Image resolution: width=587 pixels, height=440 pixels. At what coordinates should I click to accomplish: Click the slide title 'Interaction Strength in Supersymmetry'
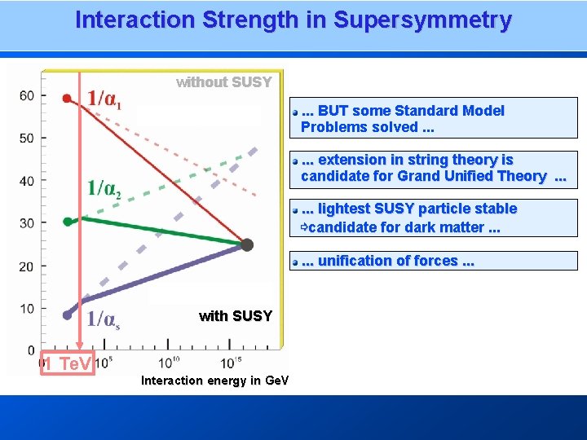(293, 20)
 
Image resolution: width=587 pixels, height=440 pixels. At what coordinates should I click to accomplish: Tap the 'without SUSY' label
(223, 82)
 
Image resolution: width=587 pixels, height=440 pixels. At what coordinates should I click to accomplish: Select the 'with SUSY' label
(235, 316)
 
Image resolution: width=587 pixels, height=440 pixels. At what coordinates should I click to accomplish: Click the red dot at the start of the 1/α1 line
(67, 99)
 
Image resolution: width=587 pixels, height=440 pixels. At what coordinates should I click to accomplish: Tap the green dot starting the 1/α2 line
(67, 221)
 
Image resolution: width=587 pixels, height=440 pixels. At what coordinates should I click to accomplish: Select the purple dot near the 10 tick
(67, 315)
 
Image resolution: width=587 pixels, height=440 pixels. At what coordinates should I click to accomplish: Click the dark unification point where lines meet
(247, 244)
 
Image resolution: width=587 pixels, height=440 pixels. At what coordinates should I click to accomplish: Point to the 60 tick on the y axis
(27, 96)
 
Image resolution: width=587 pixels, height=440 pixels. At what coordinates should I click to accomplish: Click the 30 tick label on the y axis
(27, 223)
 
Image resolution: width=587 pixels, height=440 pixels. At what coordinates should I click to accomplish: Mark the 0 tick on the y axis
(31, 350)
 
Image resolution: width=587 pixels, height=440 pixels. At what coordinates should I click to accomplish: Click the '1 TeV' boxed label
(68, 364)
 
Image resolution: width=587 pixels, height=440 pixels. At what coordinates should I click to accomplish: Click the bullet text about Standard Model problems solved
(403, 119)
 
